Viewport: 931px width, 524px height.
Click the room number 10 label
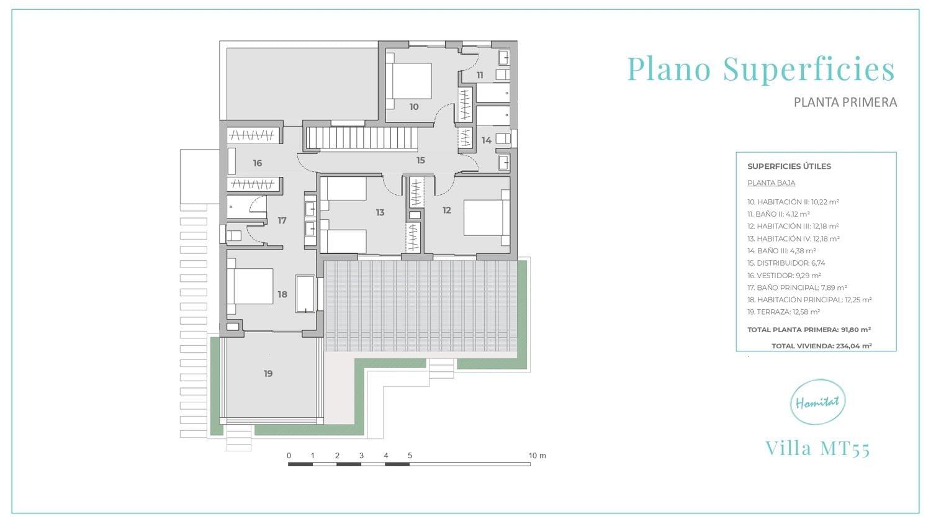tap(414, 107)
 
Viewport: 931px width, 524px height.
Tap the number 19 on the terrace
tap(268, 374)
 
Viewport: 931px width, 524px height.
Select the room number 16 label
tap(258, 163)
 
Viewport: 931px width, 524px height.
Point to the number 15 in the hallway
tap(421, 160)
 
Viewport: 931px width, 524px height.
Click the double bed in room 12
tap(487, 218)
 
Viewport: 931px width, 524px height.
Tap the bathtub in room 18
tap(305, 294)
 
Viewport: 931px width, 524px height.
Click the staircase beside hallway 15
tap(362, 138)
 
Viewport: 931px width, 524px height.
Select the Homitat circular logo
tap(817, 402)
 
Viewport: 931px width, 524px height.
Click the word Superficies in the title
tap(809, 69)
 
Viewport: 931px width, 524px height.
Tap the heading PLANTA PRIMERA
tap(845, 102)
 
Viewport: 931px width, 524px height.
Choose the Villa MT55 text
tap(817, 448)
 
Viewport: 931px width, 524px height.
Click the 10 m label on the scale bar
tap(537, 456)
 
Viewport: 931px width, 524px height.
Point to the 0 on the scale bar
tap(289, 456)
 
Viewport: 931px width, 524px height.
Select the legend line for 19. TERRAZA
tap(783, 312)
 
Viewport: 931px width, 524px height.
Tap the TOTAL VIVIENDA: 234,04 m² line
tap(821, 346)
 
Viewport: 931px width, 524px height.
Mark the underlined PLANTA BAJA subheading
tap(771, 183)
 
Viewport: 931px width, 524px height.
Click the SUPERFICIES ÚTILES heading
tap(789, 166)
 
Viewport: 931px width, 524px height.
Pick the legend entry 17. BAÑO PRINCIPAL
tap(797, 287)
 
